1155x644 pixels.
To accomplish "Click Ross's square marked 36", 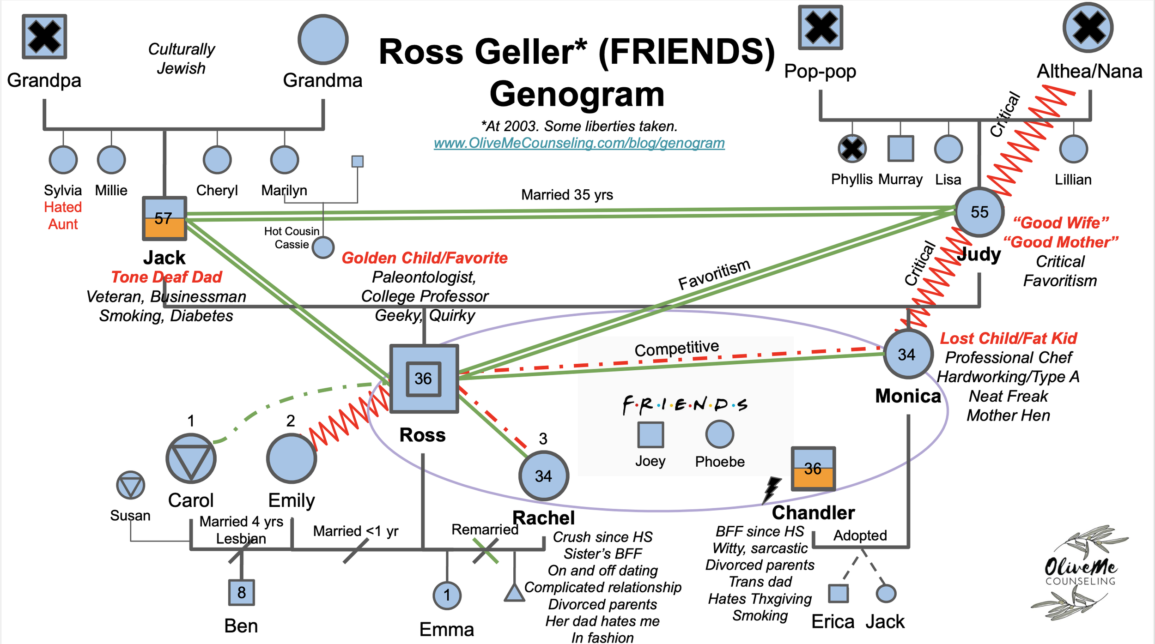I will click(424, 379).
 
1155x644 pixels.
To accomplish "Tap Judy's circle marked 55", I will click(979, 212).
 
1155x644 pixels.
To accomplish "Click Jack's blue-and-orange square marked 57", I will click(164, 218).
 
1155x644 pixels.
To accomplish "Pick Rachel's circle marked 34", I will click(543, 476).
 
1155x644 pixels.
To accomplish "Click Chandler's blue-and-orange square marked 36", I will click(813, 469).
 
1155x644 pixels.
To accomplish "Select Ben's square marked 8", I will click(241, 592).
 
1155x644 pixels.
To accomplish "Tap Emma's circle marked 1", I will click(447, 595).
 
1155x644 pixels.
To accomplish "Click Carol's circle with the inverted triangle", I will click(191, 458).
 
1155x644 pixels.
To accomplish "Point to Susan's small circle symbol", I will click(131, 485).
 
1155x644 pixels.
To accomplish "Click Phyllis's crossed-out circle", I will click(852, 149).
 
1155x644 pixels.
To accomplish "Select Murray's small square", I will click(900, 149).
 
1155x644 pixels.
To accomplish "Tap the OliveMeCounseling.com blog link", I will click(579, 143).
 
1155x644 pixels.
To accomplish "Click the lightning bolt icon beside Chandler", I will click(771, 489).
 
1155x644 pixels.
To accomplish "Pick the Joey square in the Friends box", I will click(650, 435).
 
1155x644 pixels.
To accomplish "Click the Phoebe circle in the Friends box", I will click(719, 434).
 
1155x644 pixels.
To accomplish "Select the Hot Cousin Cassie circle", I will click(323, 247).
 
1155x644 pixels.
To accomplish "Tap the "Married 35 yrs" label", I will click(567, 195).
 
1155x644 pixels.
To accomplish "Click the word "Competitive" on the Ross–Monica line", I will click(676, 349).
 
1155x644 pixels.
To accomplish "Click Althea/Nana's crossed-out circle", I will click(1088, 27).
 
